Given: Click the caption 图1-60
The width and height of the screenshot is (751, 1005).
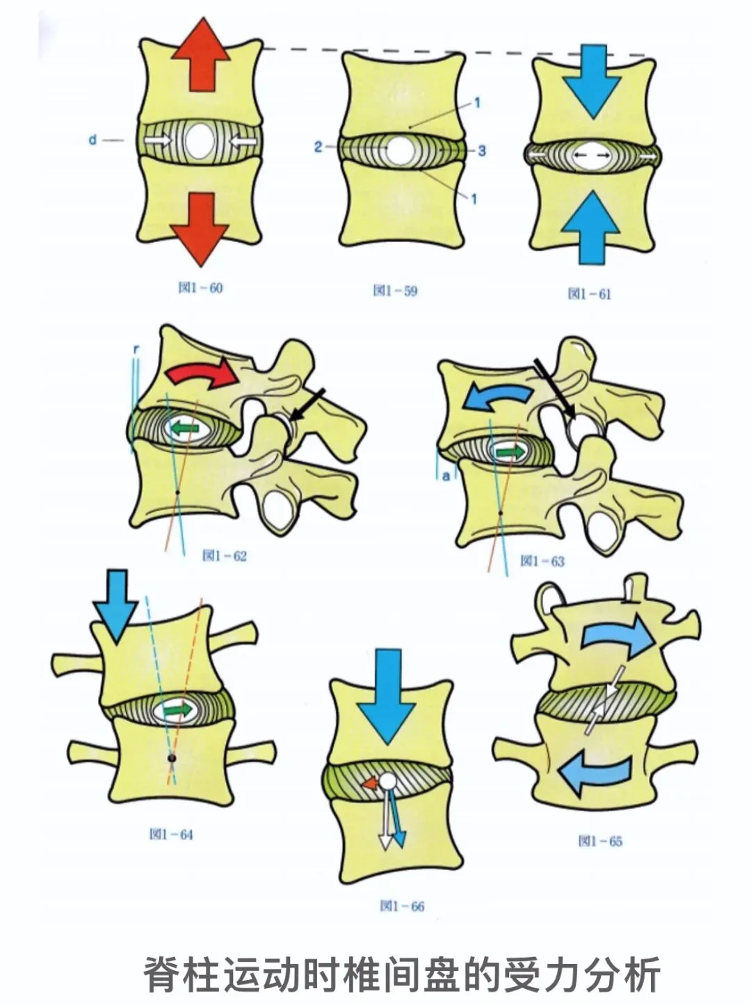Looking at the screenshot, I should (200, 288).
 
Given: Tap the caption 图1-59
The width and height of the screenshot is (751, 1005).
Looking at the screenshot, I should (395, 291).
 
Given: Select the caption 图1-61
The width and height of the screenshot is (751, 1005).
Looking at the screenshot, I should (589, 294).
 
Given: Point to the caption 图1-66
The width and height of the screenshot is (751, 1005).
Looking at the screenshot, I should (401, 906).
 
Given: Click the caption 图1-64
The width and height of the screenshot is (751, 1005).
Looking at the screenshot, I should (170, 834).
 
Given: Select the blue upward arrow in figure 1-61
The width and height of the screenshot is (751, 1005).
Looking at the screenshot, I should (590, 226).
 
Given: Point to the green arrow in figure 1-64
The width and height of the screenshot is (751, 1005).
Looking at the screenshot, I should (177, 709).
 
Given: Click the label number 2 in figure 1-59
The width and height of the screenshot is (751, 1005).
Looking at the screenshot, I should (318, 147).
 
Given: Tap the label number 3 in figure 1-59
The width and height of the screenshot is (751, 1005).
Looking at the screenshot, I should (481, 151).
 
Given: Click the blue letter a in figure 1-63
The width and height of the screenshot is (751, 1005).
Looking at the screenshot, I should (446, 476).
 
